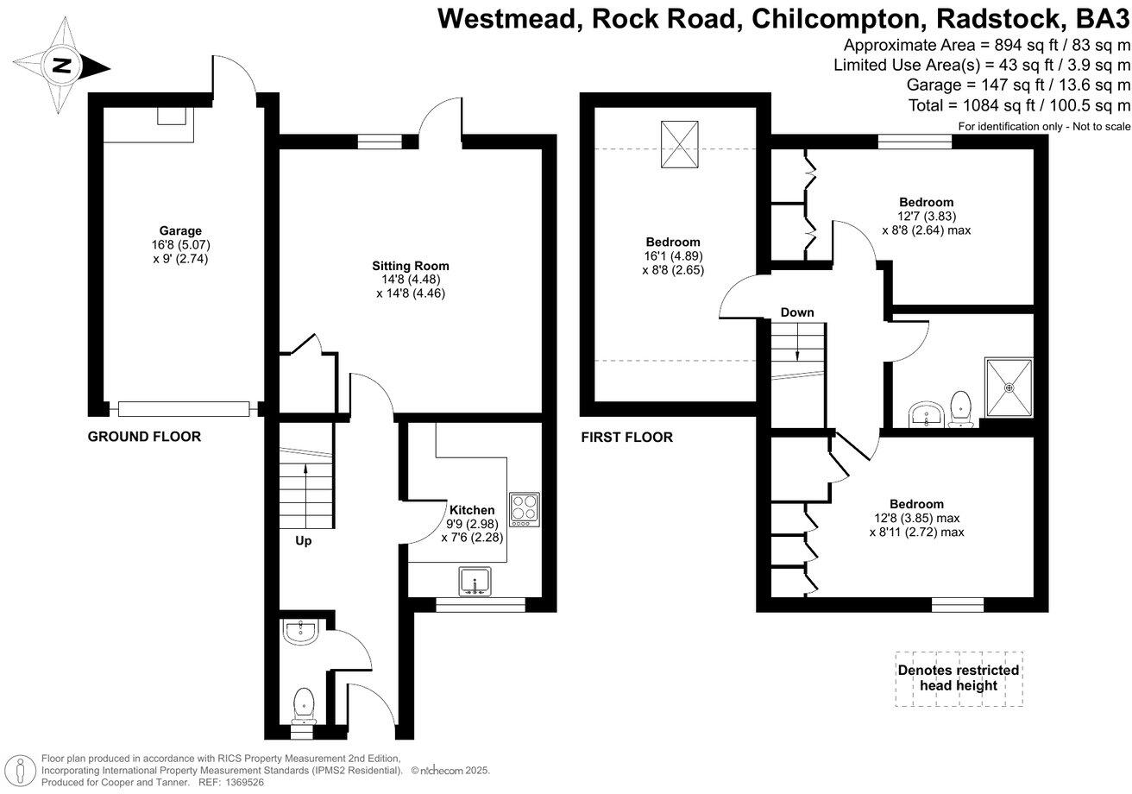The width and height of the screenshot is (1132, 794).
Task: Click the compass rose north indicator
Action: [x=61, y=66]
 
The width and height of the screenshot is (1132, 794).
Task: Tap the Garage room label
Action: [x=179, y=230]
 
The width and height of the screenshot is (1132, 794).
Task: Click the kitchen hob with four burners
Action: [x=525, y=509]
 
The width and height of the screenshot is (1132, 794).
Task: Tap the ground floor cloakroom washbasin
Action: [x=301, y=632]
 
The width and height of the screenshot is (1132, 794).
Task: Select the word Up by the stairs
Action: [x=303, y=541]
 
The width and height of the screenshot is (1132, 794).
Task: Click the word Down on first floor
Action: [x=797, y=312]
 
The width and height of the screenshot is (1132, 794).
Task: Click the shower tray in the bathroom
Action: [x=1009, y=388]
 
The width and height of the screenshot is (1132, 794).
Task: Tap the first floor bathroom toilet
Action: [x=960, y=408]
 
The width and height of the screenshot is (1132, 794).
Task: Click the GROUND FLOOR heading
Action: [x=144, y=437]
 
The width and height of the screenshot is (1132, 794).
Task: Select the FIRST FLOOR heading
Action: [x=626, y=438]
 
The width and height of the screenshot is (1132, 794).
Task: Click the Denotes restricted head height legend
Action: [x=959, y=678]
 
